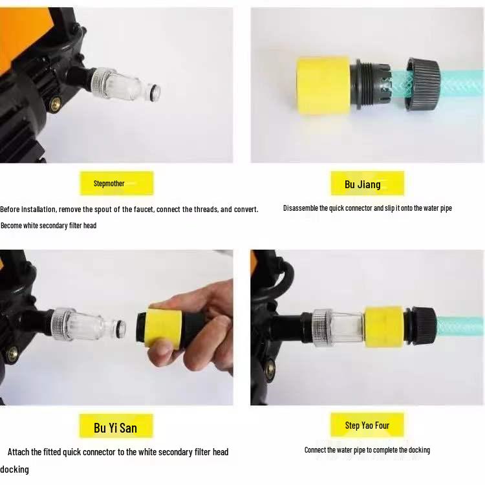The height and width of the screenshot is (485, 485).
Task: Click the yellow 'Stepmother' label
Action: (116, 183)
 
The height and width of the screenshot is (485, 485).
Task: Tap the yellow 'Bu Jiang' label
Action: (367, 184)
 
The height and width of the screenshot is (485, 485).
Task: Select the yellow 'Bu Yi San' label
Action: (116, 427)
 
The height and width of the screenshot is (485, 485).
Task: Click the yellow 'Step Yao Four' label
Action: (367, 425)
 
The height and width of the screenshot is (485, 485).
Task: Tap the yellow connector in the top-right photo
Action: (323, 86)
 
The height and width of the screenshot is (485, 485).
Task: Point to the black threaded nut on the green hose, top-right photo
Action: (424, 83)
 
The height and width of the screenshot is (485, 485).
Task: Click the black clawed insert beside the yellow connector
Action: (372, 85)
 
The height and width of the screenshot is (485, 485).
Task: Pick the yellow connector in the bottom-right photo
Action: (383, 326)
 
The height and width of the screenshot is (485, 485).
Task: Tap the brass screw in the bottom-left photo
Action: (12, 353)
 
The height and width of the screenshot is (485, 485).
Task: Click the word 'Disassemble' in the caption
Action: (301, 208)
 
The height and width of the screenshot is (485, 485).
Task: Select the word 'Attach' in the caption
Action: (19, 451)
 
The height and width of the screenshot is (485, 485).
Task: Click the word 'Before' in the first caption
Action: (10, 210)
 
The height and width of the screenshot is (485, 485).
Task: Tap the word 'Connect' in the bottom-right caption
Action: (316, 450)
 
